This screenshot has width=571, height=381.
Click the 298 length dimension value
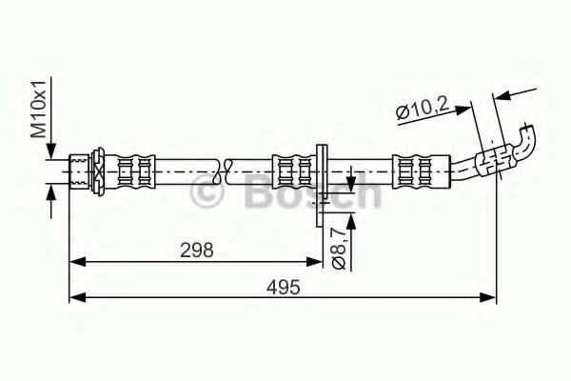197,250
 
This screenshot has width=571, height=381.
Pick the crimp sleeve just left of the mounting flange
291,171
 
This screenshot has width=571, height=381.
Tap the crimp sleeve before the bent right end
416,171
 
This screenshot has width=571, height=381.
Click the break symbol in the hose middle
224,171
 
